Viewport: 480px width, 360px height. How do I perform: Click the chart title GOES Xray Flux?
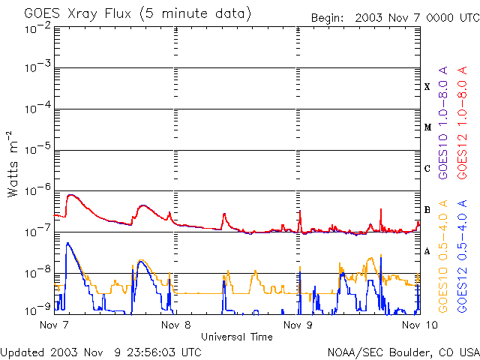pos(78,14)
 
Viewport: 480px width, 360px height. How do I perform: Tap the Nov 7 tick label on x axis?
pos(54,325)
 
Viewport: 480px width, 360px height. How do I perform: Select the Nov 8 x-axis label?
pos(176,325)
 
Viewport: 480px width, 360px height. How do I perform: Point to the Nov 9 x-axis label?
pos(298,325)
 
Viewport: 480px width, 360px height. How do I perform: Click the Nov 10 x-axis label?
pos(420,325)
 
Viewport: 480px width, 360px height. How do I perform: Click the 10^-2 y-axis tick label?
pos(37,28)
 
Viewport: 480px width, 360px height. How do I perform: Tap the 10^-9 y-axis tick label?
pos(37,310)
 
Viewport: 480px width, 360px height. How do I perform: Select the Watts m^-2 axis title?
pos(13,164)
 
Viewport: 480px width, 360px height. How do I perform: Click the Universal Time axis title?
pos(237,337)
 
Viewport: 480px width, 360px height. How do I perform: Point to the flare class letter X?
pos(427,87)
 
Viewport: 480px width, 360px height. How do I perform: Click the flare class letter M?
pos(427,127)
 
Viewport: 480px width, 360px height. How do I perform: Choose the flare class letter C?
pos(427,168)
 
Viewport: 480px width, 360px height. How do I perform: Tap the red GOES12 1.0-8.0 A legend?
pos(462,123)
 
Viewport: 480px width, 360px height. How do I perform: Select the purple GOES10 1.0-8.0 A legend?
pos(443,123)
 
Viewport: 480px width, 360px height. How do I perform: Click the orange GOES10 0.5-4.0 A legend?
pos(443,256)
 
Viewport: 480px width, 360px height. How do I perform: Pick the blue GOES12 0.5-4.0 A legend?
pos(462,256)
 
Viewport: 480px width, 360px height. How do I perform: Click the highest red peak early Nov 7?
pos(70,195)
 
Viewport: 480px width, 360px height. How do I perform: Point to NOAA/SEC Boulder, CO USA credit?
pos(403,352)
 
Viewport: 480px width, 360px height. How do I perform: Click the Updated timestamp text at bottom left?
pos(101,352)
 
